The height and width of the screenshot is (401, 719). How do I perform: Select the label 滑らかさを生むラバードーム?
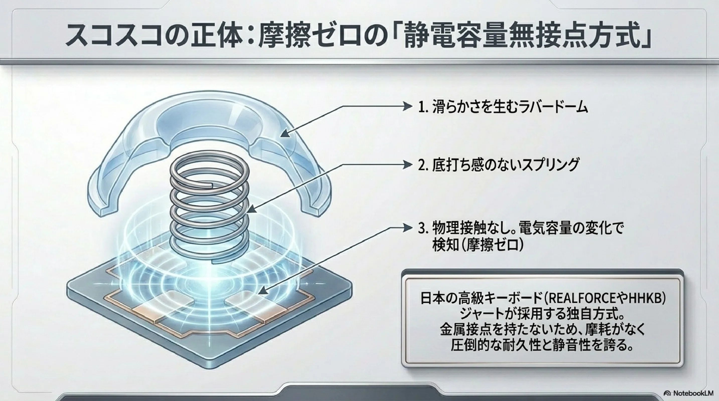[x=510, y=107]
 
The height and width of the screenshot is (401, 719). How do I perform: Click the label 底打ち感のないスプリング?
[x=505, y=165]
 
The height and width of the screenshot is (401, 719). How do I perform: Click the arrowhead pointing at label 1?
[x=408, y=107]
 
